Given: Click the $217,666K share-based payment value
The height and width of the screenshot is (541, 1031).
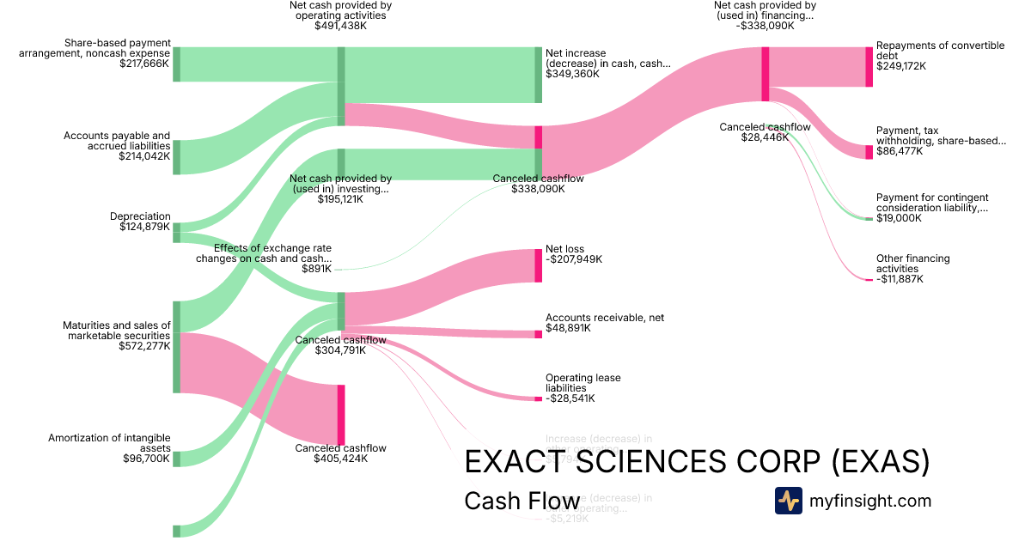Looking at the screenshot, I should (x=145, y=64).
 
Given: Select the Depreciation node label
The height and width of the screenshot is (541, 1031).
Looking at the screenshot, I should (x=140, y=216).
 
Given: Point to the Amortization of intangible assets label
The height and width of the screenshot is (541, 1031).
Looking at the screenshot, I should (x=109, y=443).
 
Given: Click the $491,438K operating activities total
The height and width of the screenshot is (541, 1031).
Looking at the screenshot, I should (x=340, y=26).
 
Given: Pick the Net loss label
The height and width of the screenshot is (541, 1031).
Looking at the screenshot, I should (x=564, y=249).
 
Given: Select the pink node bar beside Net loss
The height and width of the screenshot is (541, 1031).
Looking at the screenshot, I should (x=539, y=265).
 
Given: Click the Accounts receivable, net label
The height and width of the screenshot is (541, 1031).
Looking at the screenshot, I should (x=604, y=318).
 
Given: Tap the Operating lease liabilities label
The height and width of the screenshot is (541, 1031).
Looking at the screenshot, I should (x=583, y=383).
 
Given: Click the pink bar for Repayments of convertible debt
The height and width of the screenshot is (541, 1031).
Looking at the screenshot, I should (x=869, y=67).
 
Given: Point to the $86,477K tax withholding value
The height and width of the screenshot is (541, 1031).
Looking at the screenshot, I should (x=900, y=151).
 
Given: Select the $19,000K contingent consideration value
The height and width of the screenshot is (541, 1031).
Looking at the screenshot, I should (x=899, y=218).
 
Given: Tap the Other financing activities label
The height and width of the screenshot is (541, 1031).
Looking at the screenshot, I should (x=912, y=264).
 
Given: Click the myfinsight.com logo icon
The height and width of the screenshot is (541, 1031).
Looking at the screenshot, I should (x=788, y=501).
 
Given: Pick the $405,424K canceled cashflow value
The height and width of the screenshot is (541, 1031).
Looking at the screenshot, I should (x=340, y=459).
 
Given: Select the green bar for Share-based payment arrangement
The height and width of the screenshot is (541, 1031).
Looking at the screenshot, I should (x=176, y=64).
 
